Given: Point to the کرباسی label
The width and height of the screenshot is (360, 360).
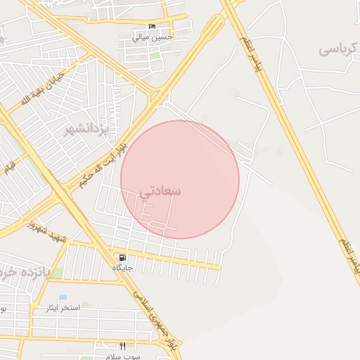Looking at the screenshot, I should click(x=340, y=49).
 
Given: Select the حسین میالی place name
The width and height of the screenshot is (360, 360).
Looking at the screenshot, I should click(x=151, y=37).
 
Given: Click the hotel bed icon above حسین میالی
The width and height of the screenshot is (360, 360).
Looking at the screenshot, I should click(x=152, y=27).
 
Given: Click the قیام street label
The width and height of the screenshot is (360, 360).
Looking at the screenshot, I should click(x=11, y=168).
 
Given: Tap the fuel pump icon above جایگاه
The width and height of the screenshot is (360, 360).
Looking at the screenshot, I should click(x=122, y=257).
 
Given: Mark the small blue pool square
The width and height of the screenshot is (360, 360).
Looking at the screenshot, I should click(x=63, y=297).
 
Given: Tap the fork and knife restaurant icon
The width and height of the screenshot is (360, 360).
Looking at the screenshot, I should click(x=123, y=346).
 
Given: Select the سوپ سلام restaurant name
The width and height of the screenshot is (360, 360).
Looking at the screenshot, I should click(x=124, y=356).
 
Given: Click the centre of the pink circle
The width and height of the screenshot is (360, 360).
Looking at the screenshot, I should click(x=180, y=179).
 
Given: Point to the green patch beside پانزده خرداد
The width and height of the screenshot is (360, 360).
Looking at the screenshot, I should click(x=58, y=272).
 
